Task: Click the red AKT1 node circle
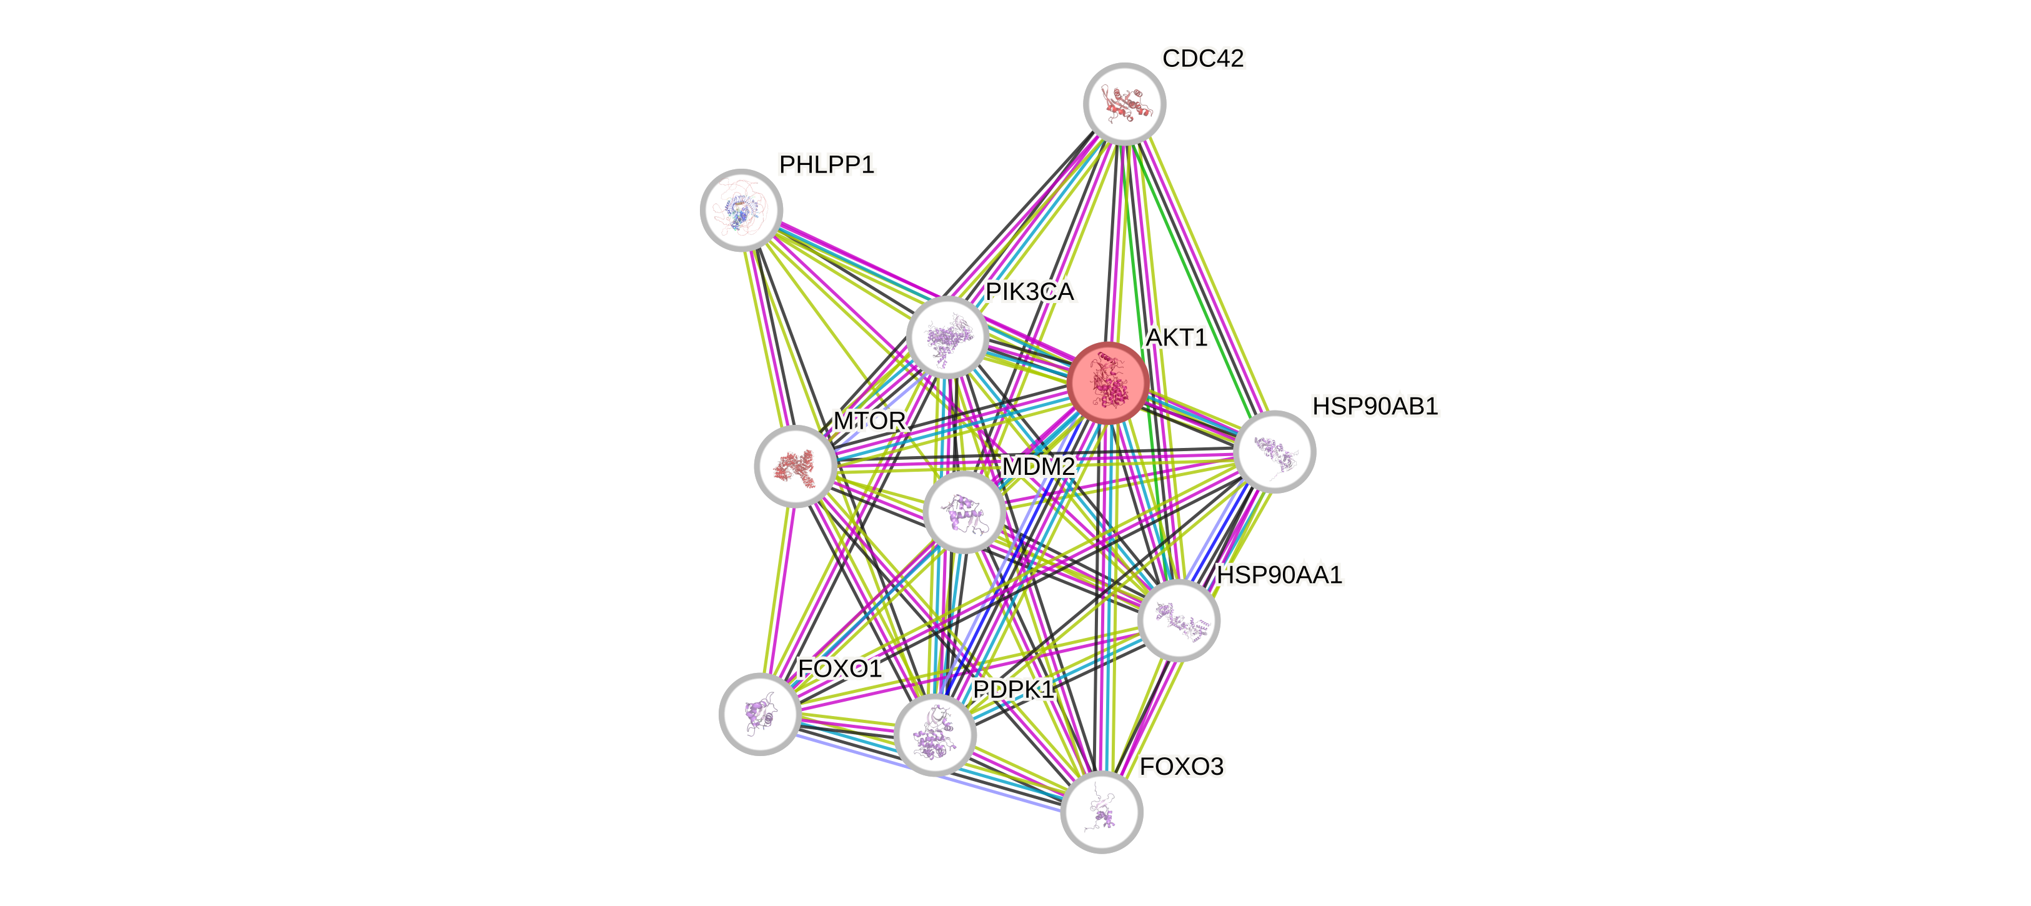[x=1108, y=382]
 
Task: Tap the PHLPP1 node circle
[x=741, y=210]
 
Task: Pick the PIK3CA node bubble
[x=947, y=337]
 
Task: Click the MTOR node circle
[x=796, y=466]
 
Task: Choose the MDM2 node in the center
[x=964, y=511]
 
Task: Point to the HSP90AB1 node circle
[x=1274, y=451]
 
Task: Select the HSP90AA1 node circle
[x=1179, y=620]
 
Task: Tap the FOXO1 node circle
[x=760, y=714]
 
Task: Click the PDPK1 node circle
[x=935, y=735]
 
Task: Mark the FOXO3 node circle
[x=1102, y=812]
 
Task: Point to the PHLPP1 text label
[x=826, y=165]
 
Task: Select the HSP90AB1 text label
[x=1375, y=406]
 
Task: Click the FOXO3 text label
[x=1181, y=767]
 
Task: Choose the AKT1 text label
[x=1176, y=338]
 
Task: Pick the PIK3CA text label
[x=1030, y=292]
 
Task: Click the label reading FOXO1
[x=840, y=669]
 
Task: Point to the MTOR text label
[x=869, y=421]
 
